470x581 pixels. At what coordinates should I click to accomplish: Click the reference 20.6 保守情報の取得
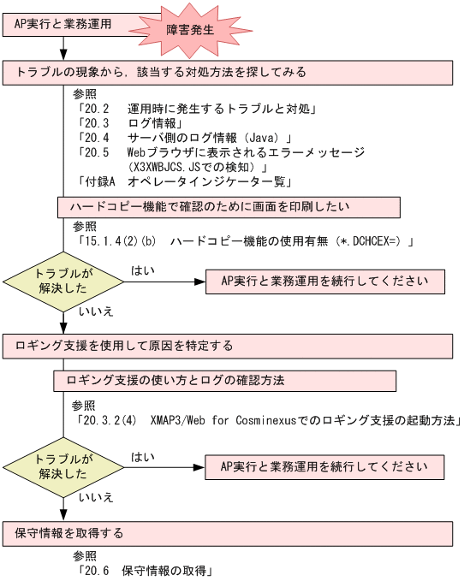click(144, 569)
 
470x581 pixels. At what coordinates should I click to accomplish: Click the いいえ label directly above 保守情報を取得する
click(96, 497)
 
